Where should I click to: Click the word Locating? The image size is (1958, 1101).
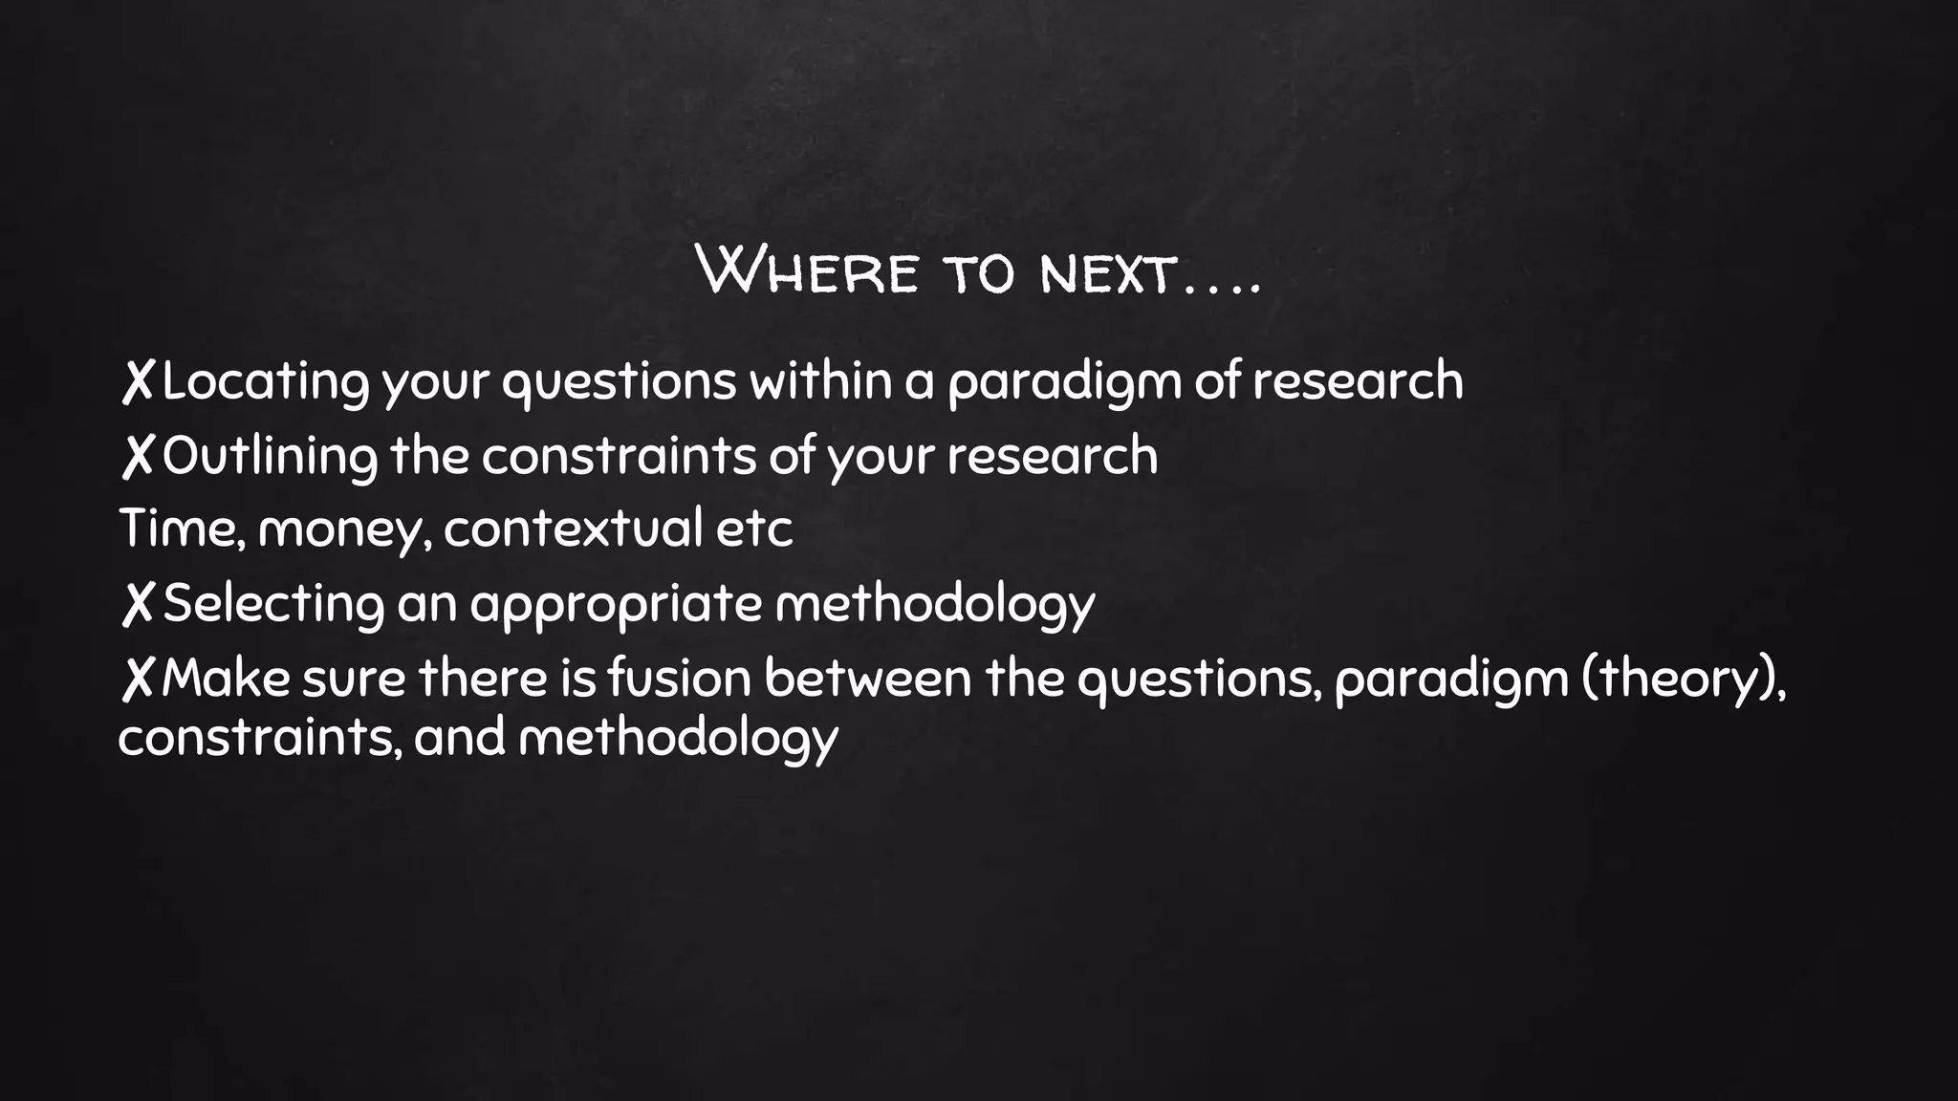coord(265,382)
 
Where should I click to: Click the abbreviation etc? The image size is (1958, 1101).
coord(754,529)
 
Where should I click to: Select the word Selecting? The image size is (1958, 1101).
coord(273,604)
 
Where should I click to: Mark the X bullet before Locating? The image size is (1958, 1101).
coord(138,382)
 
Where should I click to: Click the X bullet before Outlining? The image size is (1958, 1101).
coord(138,456)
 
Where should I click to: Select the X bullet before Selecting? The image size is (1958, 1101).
coord(138,605)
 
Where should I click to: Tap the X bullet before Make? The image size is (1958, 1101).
coord(138,680)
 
